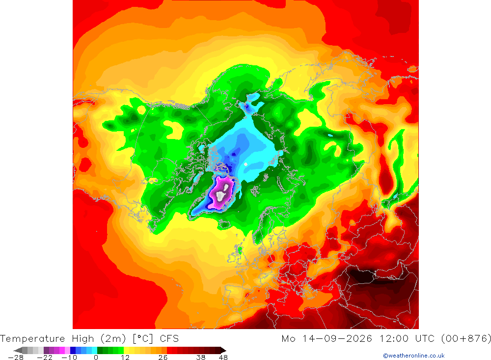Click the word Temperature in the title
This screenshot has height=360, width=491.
coord(32,339)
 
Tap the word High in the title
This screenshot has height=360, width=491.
coord(82,339)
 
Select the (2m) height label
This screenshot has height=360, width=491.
coord(113,339)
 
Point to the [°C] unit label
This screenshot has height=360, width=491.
coord(143,339)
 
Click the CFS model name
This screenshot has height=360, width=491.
coord(169,339)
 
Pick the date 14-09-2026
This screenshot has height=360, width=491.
coord(337,339)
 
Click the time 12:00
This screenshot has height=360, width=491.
coord(394,339)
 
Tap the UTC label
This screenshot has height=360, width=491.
coord(425,339)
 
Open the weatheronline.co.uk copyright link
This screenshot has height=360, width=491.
coord(413,356)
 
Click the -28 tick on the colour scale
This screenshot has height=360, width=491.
coord(16,358)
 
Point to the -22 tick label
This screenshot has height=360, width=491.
coord(45,358)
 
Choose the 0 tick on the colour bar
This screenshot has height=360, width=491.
coord(96,358)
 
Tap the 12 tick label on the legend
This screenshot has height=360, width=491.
coord(125,358)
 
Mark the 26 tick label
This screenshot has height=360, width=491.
coord(163,358)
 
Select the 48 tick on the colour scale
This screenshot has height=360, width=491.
coord(223,358)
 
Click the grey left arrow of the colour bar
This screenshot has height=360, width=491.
coord(18,350)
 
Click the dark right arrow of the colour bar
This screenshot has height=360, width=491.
coord(223,350)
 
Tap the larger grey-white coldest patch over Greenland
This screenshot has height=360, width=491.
coord(220,196)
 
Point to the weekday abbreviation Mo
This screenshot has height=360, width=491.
coord(288,339)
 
